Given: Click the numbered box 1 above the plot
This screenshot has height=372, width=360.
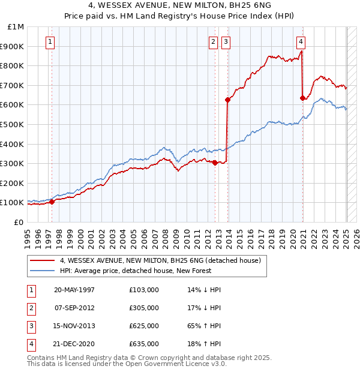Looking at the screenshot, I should (x=49, y=41).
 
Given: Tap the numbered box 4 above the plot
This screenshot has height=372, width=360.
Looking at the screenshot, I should (x=301, y=41).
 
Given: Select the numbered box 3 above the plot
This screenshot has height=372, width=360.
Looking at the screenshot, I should (x=226, y=41).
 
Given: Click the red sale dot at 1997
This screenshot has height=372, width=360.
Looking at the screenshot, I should (x=52, y=202).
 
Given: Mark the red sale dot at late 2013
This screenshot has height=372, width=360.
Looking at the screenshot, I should (x=227, y=100).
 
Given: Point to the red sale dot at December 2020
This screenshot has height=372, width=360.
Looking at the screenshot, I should (x=302, y=98).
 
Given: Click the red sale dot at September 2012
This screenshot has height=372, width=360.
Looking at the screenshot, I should (x=215, y=162).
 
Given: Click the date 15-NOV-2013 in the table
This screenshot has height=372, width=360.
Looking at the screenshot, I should (x=74, y=326).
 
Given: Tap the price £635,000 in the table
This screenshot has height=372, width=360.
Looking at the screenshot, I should (x=143, y=344).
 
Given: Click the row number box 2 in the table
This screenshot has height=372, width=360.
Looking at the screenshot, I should (x=30, y=308).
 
